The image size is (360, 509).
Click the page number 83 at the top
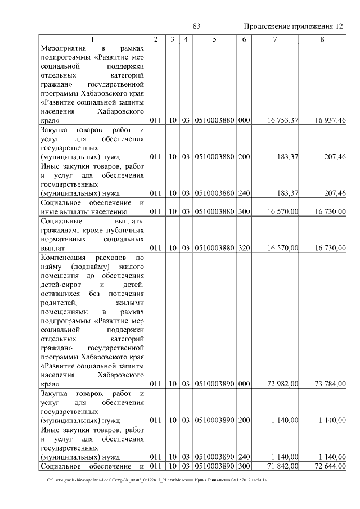tap(196, 26)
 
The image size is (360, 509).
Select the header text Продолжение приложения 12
tap(293, 26)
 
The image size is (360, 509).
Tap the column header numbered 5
tap(214, 39)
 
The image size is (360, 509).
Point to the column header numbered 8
tap(322, 39)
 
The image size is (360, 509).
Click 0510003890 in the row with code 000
tap(214, 384)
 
